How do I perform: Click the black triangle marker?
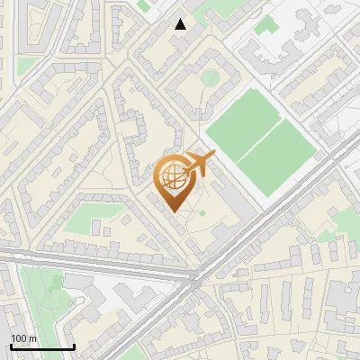pyautogui.click(x=181, y=24)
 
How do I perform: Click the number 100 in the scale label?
pyautogui.click(x=18, y=338)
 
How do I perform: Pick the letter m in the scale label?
pyautogui.click(x=32, y=338)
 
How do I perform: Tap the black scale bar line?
pyautogui.click(x=42, y=347)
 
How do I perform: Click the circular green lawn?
pyautogui.click(x=209, y=78)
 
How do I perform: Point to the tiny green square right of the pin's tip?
pyautogui.click(x=203, y=213)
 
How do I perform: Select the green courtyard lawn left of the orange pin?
pyautogui.click(x=93, y=217)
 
